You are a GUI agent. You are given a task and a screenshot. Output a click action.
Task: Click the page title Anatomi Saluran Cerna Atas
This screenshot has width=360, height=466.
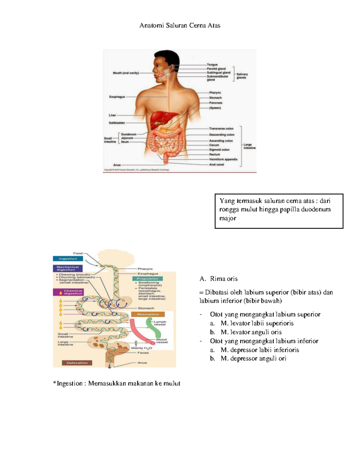coord(180,26)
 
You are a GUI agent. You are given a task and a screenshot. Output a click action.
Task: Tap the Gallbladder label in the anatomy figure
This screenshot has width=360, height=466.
coord(117,123)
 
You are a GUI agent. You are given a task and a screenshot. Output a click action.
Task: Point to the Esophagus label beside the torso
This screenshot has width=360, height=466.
coord(117,97)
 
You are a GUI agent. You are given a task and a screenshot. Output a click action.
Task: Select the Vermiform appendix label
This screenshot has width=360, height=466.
coord(223,159)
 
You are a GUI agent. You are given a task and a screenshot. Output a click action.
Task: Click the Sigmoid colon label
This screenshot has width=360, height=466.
coord(219,150)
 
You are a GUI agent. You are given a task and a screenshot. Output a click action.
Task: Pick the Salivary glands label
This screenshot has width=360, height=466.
coord(242,76)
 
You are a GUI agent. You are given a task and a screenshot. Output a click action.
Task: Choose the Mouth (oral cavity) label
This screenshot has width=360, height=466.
coord(126,73)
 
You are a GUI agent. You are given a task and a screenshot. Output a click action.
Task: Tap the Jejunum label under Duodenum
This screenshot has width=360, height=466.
coord(127,138)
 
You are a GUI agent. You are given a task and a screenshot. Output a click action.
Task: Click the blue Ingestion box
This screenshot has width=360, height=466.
coord(68,259)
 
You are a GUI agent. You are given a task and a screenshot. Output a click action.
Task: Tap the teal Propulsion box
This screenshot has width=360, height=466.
coord(147,278)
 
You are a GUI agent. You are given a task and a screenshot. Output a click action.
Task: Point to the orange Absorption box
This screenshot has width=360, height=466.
coord(148,314)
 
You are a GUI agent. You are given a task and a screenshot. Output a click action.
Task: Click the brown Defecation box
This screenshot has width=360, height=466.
coord(77,363)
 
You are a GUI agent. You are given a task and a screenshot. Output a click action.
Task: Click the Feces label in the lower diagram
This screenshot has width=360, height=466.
coord(143,353)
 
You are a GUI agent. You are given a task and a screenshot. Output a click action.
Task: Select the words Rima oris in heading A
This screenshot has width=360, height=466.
coord(224,279)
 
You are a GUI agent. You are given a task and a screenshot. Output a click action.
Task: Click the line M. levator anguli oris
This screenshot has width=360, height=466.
coord(251,332)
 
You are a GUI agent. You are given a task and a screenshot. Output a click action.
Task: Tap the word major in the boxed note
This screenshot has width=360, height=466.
coord(228,218)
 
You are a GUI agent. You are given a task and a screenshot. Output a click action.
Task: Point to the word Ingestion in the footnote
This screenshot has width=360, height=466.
coord(70,383)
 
